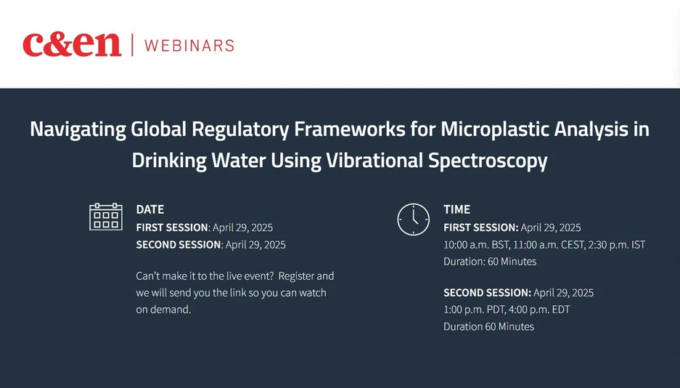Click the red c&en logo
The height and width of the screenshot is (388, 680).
click(71, 44)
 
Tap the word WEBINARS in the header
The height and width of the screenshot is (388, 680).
click(189, 45)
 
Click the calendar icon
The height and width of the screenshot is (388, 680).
click(106, 217)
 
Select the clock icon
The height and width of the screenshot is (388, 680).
click(413, 219)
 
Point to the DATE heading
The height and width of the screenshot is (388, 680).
click(150, 209)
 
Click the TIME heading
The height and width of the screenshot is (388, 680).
click(457, 209)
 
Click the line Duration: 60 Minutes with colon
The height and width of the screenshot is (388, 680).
click(490, 262)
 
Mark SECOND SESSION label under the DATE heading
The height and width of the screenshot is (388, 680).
click(179, 245)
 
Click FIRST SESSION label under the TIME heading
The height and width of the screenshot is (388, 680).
click(480, 227)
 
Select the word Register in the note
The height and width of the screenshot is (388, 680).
click(297, 276)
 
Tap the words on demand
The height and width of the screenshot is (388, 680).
click(163, 310)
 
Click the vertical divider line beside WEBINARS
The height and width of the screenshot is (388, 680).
click(133, 45)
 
